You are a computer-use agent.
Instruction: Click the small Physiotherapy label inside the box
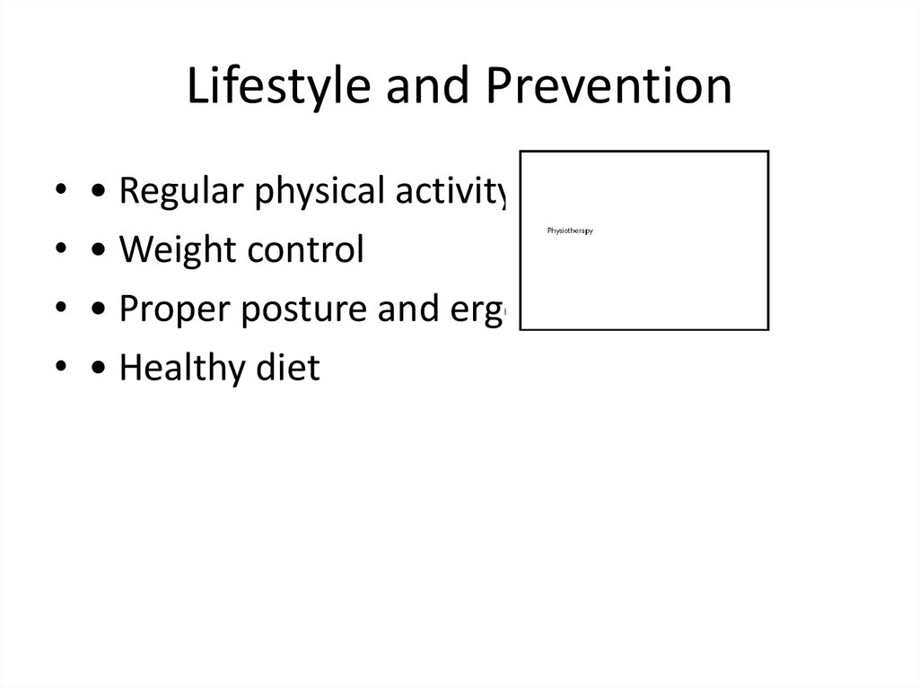(570, 231)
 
